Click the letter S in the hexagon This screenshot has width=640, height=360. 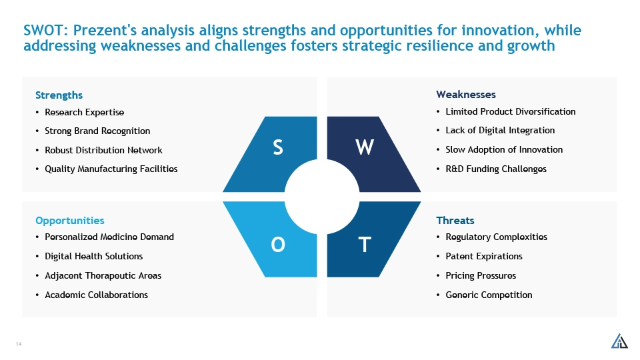pos(278,147)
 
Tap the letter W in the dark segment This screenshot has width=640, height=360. pos(365,147)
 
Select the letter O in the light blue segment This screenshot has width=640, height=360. pos(278,245)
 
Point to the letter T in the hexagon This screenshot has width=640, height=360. pos(365,245)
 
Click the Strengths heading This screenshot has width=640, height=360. pos(59,95)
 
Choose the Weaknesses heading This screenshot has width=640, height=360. pos(466,95)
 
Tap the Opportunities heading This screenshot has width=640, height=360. pos(70,221)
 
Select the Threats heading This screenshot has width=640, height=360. pos(455,221)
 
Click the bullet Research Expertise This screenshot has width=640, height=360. pos(85,112)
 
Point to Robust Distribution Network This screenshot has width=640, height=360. pos(104,150)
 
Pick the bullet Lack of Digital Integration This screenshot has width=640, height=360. pos(500,131)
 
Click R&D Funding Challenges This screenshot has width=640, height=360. pos(496,169)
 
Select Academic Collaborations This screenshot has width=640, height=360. pos(96,295)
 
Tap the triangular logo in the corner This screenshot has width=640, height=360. pos(619,341)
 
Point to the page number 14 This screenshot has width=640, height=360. pos(19,344)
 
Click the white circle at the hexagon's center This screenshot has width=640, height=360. pos(321,197)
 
